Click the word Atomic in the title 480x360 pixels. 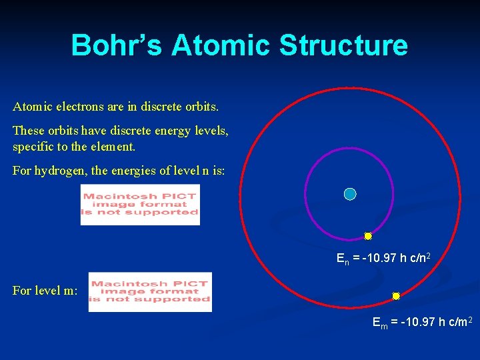[x=221, y=45]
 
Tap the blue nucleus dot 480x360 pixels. [x=350, y=194]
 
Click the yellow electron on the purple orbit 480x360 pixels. [x=368, y=236]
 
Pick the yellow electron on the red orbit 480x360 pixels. [x=396, y=296]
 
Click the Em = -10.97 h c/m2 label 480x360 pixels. [x=423, y=323]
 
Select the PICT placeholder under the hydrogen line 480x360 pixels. [x=140, y=205]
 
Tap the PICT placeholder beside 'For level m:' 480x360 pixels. [x=150, y=292]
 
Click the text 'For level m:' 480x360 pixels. [x=45, y=291]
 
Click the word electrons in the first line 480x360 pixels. [x=73, y=107]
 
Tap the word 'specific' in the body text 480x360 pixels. [x=32, y=145]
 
